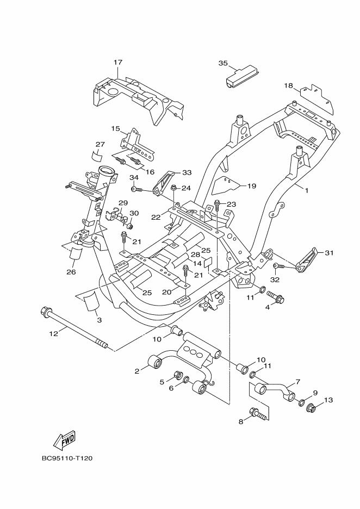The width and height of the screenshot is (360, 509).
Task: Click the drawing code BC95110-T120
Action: coord(67,458)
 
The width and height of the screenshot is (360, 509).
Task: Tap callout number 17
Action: coord(118,61)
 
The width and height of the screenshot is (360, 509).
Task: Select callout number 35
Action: coord(223,63)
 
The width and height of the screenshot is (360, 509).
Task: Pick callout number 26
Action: coord(71,272)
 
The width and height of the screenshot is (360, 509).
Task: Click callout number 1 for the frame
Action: coord(307,190)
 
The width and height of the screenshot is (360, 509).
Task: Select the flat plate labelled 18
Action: coord(316,98)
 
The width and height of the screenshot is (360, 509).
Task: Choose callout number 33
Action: coord(187,172)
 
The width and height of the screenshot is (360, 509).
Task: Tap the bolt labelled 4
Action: coord(275,296)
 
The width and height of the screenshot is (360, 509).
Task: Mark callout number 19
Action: coord(252,186)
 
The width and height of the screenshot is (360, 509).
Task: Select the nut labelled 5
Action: coord(178,374)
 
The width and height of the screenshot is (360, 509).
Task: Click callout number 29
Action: coord(123,203)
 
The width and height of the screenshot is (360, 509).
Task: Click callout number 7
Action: coord(297,381)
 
